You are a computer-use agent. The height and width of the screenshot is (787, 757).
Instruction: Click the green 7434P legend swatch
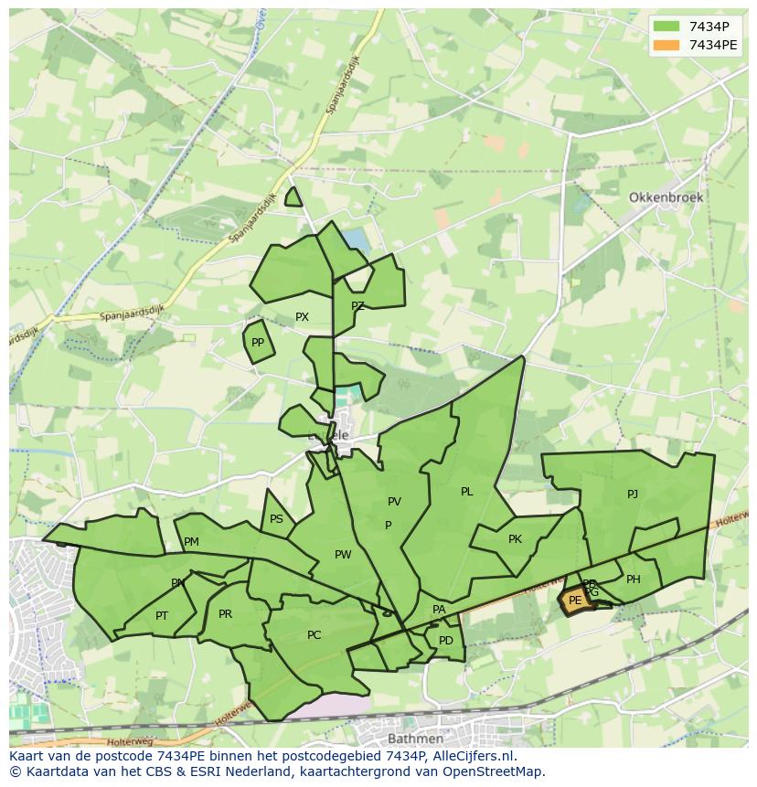point(666,26)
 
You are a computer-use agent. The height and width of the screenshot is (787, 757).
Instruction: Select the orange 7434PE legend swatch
point(666,45)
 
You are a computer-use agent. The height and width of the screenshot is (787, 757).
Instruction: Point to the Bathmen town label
point(416,738)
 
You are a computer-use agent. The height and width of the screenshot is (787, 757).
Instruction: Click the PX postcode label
point(302,317)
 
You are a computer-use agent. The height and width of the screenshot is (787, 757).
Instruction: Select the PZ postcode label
point(357,306)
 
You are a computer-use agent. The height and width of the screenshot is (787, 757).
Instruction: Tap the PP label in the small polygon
point(258,343)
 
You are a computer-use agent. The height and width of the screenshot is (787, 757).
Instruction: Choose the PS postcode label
point(276,519)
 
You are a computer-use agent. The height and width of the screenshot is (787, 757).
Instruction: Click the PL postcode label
point(467,492)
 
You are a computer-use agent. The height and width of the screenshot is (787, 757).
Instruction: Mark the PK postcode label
point(515,539)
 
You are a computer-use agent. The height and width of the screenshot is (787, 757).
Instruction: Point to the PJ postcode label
point(633,495)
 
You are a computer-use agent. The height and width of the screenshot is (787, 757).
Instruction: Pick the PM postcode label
point(191,542)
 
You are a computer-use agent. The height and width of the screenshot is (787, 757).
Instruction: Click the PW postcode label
point(343,555)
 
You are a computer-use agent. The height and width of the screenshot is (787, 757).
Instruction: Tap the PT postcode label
point(162,616)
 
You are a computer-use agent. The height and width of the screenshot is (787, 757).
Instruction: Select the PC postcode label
point(314,635)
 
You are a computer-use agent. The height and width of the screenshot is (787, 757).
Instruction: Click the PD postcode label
point(445,641)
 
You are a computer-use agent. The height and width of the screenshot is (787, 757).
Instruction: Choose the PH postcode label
point(634,580)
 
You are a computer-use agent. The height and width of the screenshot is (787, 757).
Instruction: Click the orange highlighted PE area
point(574,601)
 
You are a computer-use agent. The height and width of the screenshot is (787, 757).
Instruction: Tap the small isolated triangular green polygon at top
point(293,198)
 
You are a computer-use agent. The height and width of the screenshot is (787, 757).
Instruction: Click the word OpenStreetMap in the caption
point(495,771)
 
